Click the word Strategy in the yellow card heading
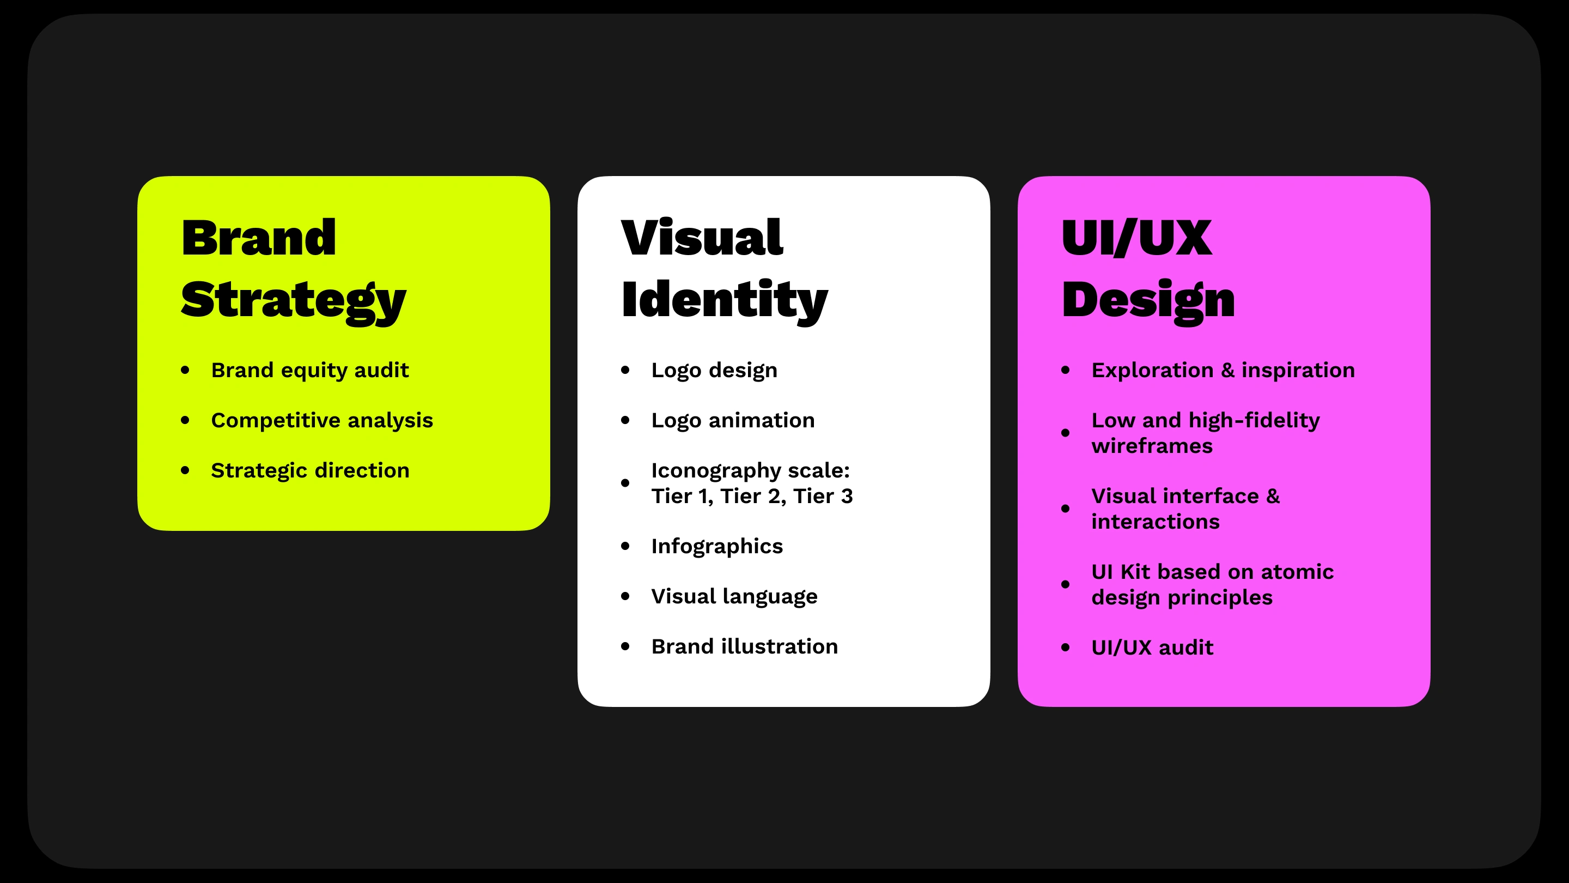point(293,300)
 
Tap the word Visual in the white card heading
point(702,238)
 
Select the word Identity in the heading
point(724,300)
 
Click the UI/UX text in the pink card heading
point(1136,238)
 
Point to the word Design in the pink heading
point(1147,300)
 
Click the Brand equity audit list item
point(309,370)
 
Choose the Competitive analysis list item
point(321,420)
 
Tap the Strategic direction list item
point(310,470)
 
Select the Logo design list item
point(714,370)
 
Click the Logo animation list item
point(733,420)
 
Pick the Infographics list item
point(717,546)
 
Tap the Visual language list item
point(734,596)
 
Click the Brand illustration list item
point(744,646)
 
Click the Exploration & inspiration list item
point(1223,370)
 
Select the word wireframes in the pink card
point(1152,446)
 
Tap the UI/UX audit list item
point(1152,647)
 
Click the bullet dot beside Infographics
point(625,546)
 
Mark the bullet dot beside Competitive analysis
point(185,420)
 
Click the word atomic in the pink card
point(1297,572)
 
